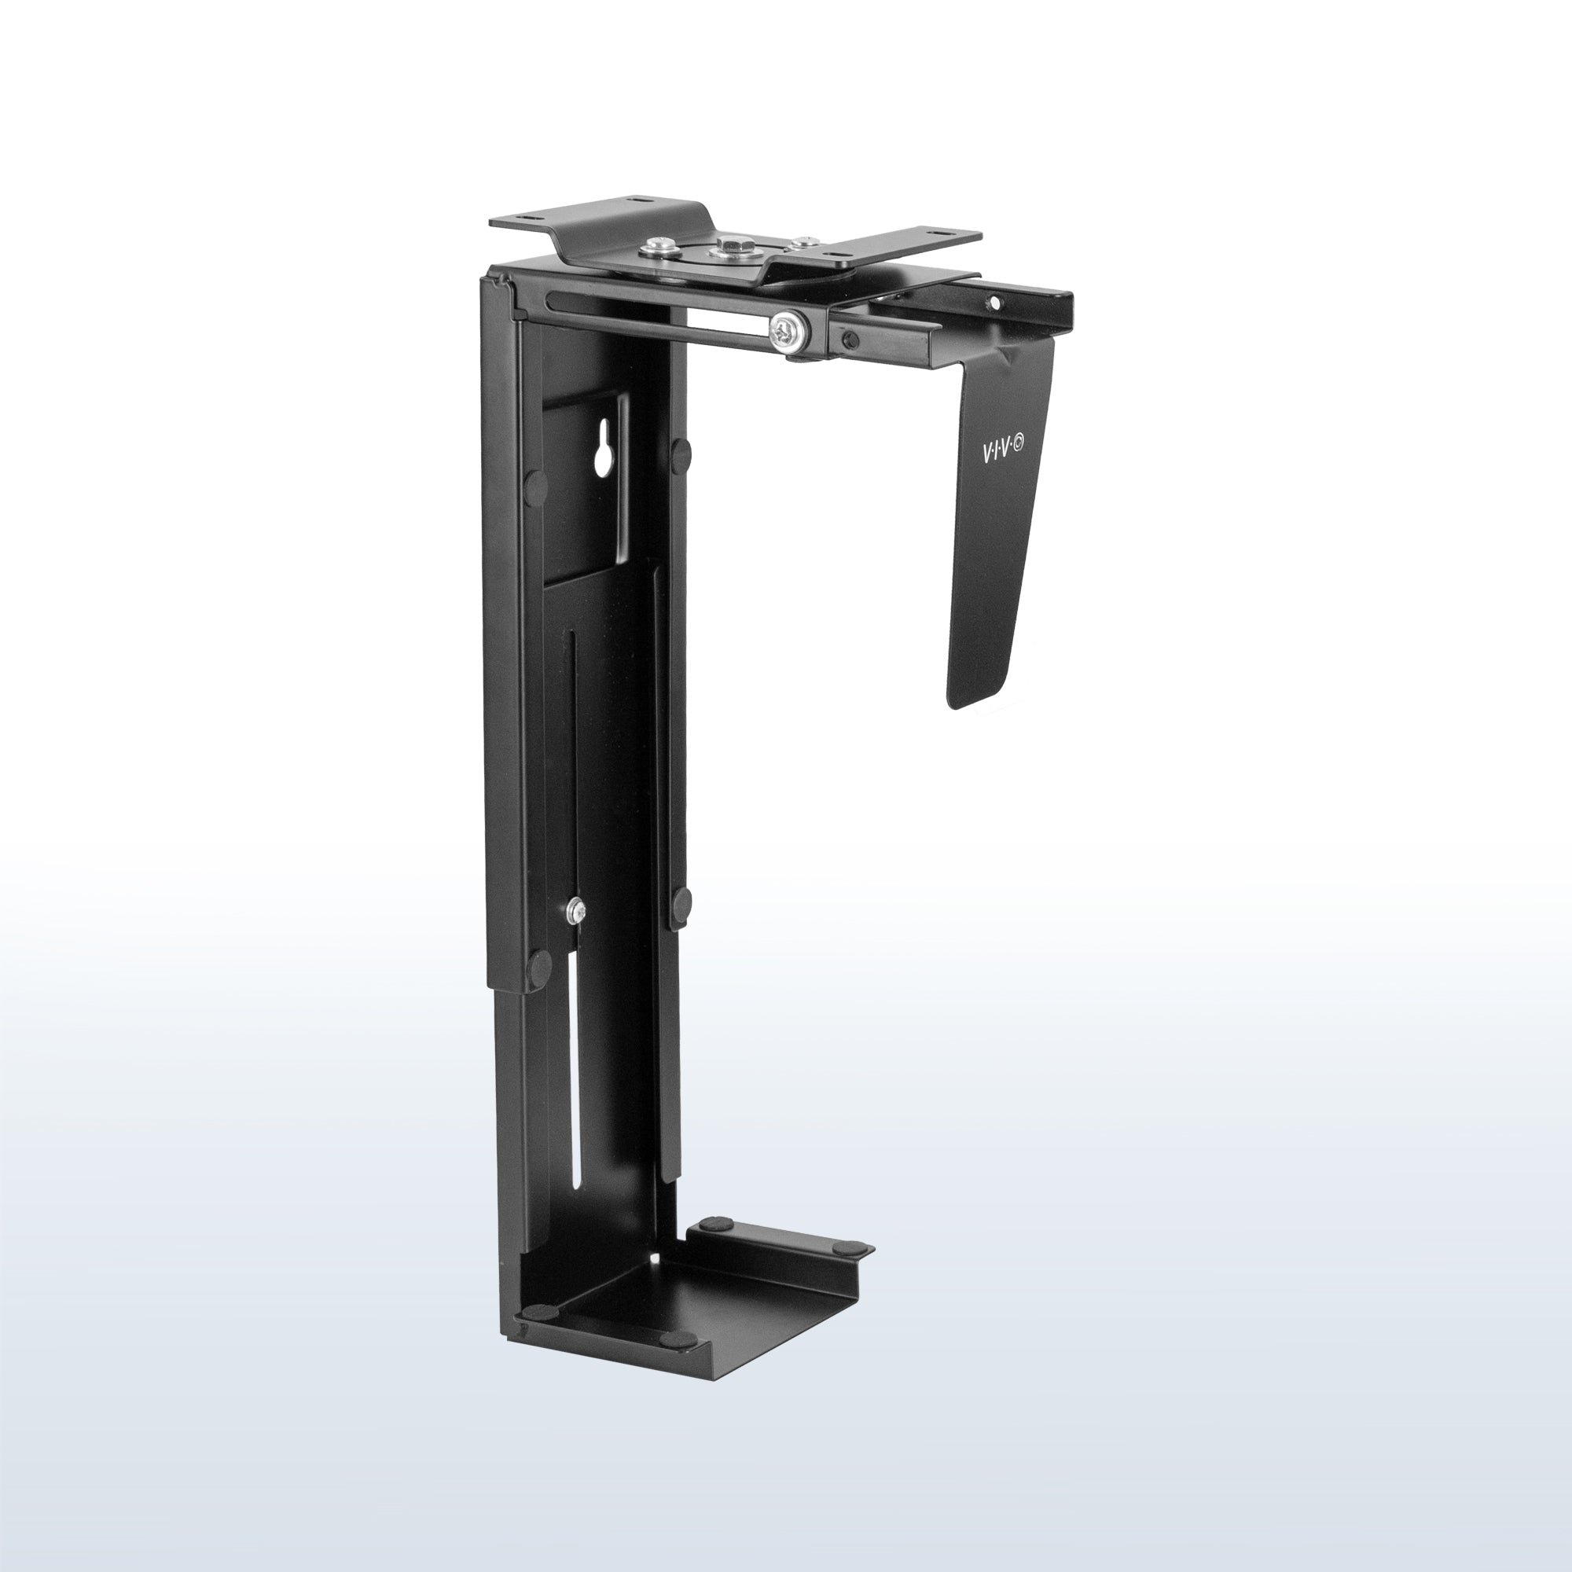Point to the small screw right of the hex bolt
point(805,241)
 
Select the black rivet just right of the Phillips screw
point(848,340)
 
